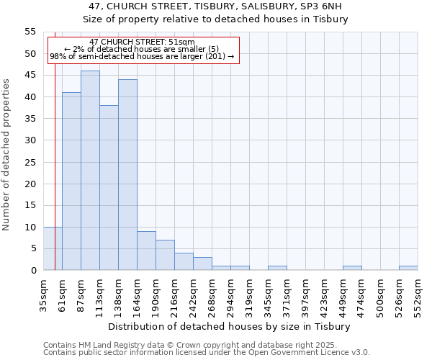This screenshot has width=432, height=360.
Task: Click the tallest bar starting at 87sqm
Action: point(90,171)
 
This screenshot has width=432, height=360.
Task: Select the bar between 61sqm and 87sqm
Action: point(71,181)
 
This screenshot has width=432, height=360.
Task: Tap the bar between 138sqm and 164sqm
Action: point(127,175)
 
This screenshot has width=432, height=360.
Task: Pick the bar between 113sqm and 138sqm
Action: point(109,188)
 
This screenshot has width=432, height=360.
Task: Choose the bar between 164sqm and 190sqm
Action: point(146,251)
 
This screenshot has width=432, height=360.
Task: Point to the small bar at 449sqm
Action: point(352,268)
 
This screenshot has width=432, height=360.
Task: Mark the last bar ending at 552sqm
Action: point(408,268)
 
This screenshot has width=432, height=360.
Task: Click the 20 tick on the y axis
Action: point(30,184)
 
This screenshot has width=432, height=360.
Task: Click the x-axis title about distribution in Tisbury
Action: point(228,326)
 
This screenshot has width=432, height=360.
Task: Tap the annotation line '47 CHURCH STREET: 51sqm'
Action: point(143,42)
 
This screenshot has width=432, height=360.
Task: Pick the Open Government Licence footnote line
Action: point(207,352)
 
